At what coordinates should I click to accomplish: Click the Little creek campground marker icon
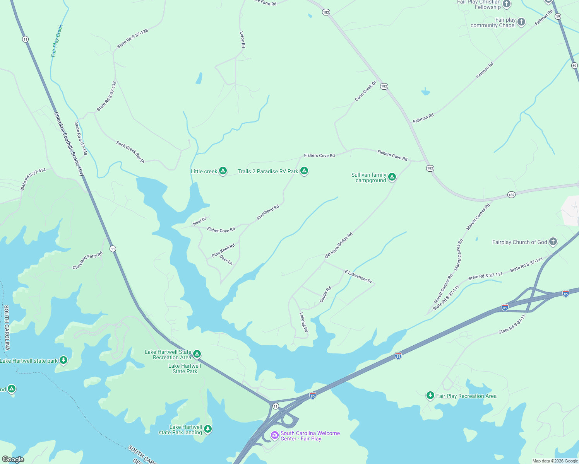pyautogui.click(x=223, y=171)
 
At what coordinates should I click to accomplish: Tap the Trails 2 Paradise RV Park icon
pyautogui.click(x=304, y=171)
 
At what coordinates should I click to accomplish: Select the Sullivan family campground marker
pyautogui.click(x=392, y=177)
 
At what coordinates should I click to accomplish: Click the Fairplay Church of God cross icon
pyautogui.click(x=553, y=242)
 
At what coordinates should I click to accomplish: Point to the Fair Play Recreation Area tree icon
pyautogui.click(x=430, y=395)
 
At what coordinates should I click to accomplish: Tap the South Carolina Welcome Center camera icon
pyautogui.click(x=275, y=435)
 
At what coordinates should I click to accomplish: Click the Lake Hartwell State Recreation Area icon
pyautogui.click(x=197, y=354)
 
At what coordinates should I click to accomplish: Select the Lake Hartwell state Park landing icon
pyautogui.click(x=208, y=429)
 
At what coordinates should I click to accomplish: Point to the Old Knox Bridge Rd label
pyautogui.click(x=339, y=246)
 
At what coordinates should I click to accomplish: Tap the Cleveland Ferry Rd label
pyautogui.click(x=88, y=260)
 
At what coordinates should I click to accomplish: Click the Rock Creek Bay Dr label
pyautogui.click(x=130, y=152)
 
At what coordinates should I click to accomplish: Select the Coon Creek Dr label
pyautogui.click(x=366, y=91)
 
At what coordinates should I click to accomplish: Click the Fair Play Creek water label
pyautogui.click(x=57, y=41)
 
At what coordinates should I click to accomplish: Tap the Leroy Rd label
pyautogui.click(x=242, y=39)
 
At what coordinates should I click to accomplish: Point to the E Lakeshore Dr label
pyautogui.click(x=358, y=277)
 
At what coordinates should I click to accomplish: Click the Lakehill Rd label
pyautogui.click(x=304, y=322)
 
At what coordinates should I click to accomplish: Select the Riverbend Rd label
pyautogui.click(x=268, y=213)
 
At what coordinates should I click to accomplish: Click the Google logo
pyautogui.click(x=13, y=459)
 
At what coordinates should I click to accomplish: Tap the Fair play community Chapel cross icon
pyautogui.click(x=521, y=22)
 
